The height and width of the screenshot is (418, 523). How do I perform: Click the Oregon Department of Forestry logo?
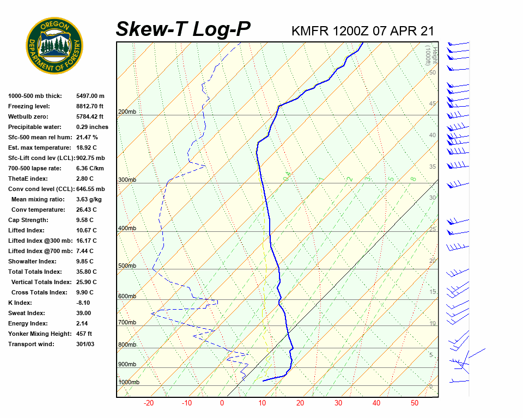tap(54, 46)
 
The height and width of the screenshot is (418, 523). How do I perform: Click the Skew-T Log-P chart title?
tap(183, 29)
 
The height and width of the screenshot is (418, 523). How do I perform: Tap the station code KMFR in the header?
tap(310, 31)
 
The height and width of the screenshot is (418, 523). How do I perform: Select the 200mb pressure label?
tap(127, 112)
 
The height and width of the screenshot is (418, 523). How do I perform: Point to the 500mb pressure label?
tap(127, 266)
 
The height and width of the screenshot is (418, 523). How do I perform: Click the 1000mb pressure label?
tap(129, 383)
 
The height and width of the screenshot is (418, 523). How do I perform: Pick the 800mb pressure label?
tap(127, 345)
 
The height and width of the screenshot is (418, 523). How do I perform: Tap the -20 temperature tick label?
tap(148, 403)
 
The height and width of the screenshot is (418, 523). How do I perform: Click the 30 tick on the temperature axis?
tap(338, 403)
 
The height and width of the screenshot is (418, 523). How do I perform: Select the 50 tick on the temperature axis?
tap(415, 403)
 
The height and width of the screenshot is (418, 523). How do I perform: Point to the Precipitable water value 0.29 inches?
tap(92, 127)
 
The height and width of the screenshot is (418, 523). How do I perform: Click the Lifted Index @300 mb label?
tap(37, 241)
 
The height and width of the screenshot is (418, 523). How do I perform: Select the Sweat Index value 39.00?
tap(84, 313)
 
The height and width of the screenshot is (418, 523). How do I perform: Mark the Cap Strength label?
tap(28, 220)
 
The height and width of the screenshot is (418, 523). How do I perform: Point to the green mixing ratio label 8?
tap(413, 179)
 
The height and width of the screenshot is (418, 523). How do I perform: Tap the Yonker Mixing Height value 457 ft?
tap(84, 334)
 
